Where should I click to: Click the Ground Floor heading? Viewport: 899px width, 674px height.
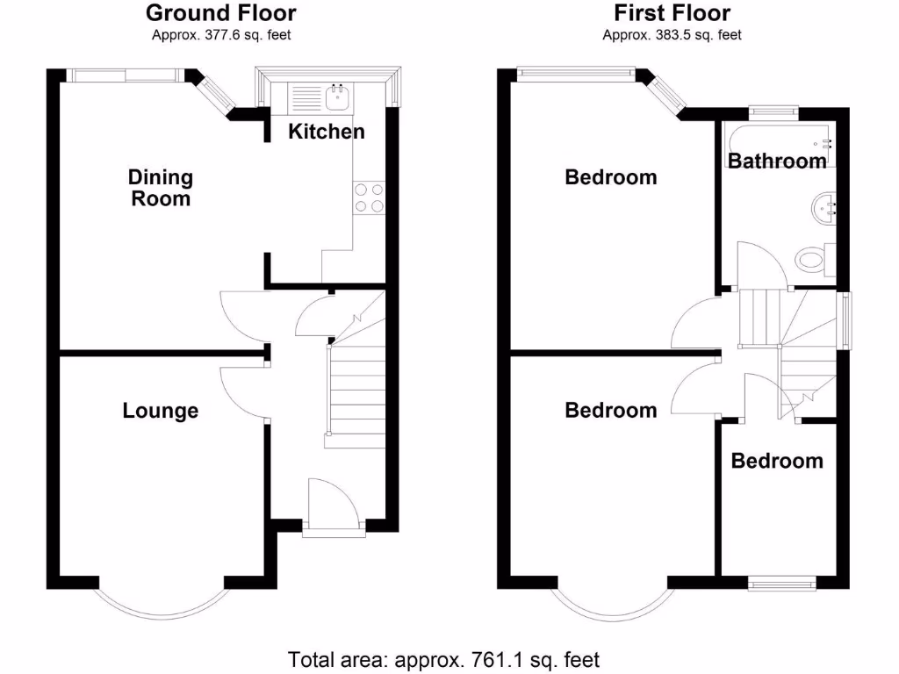click(220, 13)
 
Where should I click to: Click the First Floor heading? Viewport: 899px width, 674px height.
click(672, 13)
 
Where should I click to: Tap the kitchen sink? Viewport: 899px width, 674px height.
click(337, 97)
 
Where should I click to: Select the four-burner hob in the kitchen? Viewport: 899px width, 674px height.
click(369, 197)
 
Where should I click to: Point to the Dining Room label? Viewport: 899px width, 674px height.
click(161, 188)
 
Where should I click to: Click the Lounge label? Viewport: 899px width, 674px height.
click(161, 411)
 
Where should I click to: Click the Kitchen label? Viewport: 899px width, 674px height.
click(327, 133)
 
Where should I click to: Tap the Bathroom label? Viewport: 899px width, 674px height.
click(777, 161)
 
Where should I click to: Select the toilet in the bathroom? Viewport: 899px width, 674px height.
click(812, 259)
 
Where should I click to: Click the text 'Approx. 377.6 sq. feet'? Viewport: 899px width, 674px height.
click(220, 36)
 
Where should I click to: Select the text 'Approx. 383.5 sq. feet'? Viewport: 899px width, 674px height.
click(672, 36)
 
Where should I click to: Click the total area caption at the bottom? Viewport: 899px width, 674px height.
click(444, 658)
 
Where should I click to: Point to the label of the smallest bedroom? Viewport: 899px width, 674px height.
click(777, 461)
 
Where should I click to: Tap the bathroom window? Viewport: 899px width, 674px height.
click(773, 111)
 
